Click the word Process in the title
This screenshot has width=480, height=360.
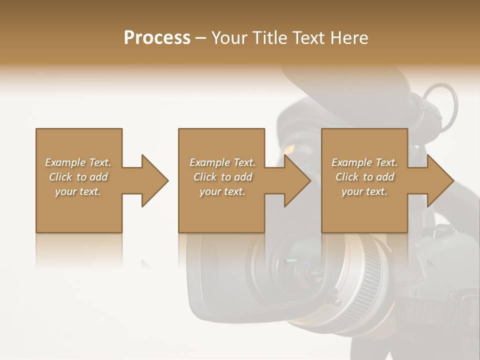[157, 37]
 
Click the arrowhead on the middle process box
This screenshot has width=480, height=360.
[297, 180]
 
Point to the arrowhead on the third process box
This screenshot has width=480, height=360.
[440, 180]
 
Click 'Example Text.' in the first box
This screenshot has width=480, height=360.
[78, 162]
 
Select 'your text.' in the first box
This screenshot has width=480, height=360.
[78, 191]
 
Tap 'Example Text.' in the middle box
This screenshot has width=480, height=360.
[222, 162]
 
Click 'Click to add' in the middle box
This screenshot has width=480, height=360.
[222, 177]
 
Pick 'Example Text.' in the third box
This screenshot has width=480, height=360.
[364, 162]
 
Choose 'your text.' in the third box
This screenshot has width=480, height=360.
[364, 191]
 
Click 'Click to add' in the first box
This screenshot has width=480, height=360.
[78, 177]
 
